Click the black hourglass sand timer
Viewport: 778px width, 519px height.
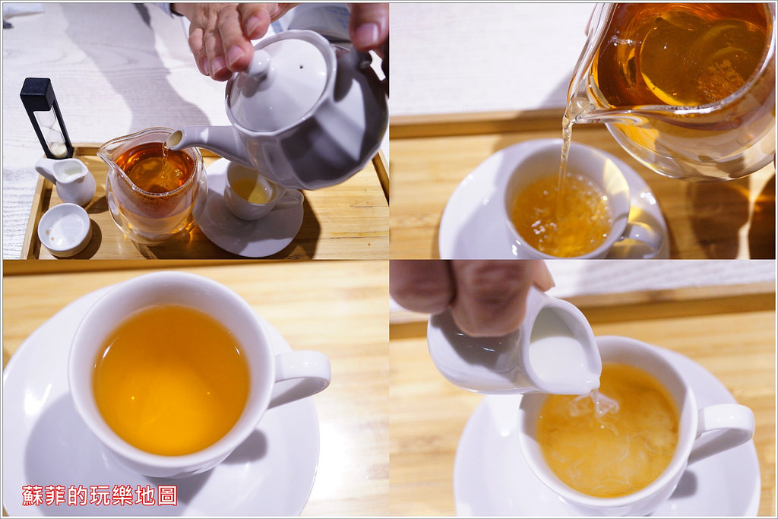pyautogui.click(x=46, y=117)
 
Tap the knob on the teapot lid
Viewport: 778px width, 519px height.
pyautogui.click(x=258, y=63)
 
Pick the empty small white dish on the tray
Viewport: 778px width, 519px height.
pyautogui.click(x=65, y=229)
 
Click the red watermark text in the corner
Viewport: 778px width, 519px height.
pyautogui.click(x=100, y=495)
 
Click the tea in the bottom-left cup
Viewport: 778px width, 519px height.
pyautogui.click(x=171, y=380)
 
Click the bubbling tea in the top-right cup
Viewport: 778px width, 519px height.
pyautogui.click(x=561, y=214)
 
